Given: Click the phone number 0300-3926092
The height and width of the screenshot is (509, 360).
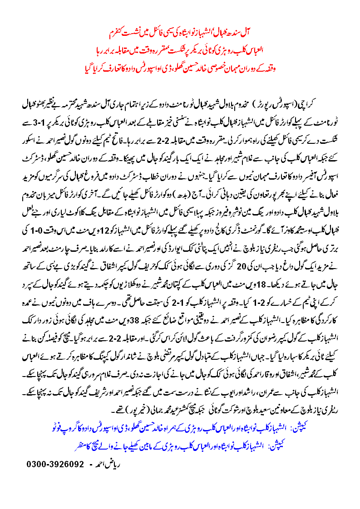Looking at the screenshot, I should [56, 464].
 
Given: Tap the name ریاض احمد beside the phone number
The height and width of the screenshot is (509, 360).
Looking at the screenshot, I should [105, 464].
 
